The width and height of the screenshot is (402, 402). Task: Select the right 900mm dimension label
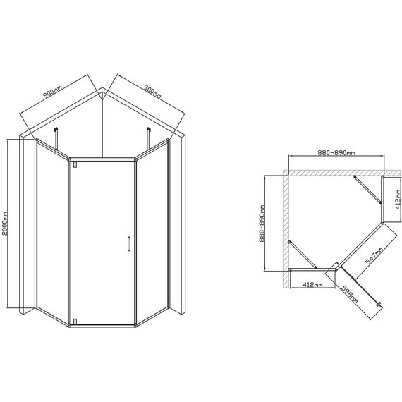click(x=152, y=92)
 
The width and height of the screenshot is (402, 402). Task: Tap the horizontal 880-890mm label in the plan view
click(x=336, y=153)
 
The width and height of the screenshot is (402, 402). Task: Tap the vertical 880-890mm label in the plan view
click(x=262, y=223)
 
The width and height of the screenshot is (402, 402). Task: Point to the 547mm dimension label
click(x=374, y=256)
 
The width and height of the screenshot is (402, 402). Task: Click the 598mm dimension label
click(x=349, y=294)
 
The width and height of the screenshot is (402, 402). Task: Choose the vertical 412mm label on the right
click(x=398, y=200)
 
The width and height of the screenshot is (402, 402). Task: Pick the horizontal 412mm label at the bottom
click(x=312, y=285)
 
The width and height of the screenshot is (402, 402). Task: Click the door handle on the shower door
click(x=129, y=243)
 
